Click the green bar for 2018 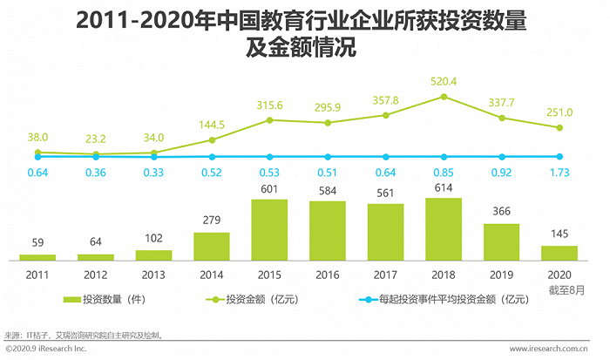pyautogui.click(x=444, y=229)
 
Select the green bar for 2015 pyautogui.click(x=269, y=230)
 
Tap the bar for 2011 pyautogui.click(x=37, y=257)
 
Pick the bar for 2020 pyautogui.click(x=559, y=253)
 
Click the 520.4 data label pyautogui.click(x=444, y=82)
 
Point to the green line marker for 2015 pyautogui.click(x=269, y=119)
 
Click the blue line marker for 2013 pyautogui.click(x=153, y=157)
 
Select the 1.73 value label pyautogui.click(x=559, y=172)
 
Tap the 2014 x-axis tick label pyautogui.click(x=211, y=273)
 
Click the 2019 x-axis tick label pyautogui.click(x=501, y=273)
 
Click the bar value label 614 pyautogui.click(x=444, y=188)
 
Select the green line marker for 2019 pyautogui.click(x=501, y=118)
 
